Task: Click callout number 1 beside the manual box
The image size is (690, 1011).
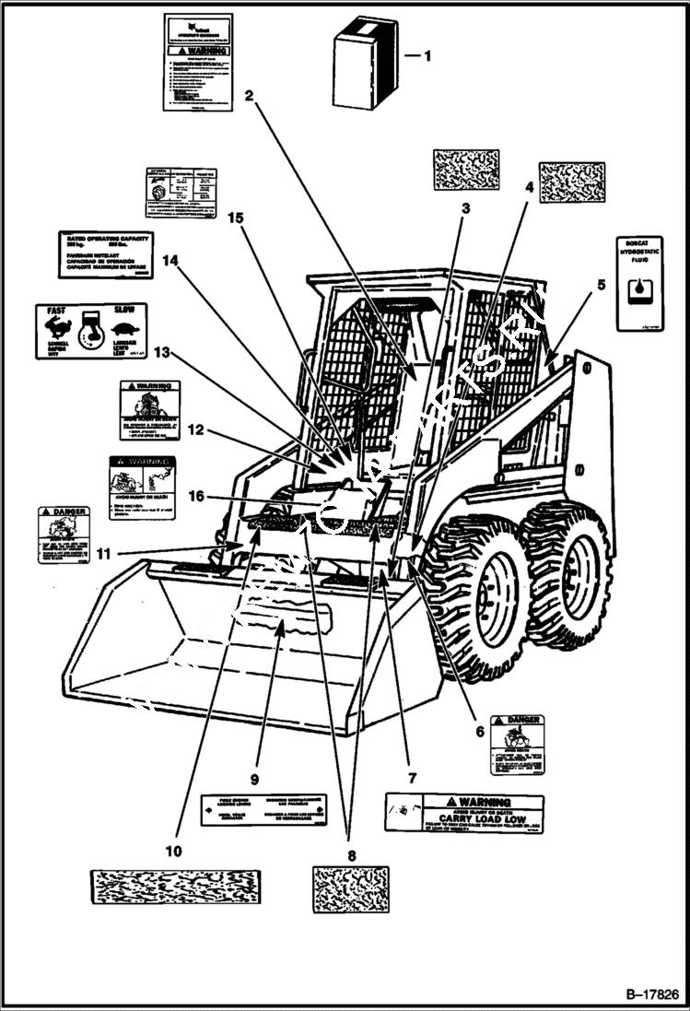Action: [427, 55]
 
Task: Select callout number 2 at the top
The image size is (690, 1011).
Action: [249, 94]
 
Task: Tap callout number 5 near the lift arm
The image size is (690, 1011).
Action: [601, 285]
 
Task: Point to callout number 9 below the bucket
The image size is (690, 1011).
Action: [255, 763]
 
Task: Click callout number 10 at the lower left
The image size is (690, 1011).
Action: [174, 849]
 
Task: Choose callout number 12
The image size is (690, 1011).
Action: [194, 429]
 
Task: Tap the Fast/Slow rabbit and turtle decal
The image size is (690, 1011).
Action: [90, 331]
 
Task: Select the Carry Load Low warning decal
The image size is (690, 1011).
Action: [463, 814]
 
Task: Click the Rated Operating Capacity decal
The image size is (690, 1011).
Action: [105, 254]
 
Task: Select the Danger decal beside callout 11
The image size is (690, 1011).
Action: [64, 535]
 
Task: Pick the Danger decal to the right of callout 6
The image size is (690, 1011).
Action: [516, 744]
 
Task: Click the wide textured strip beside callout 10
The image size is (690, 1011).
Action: [175, 887]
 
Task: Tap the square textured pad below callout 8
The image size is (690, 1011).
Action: [350, 889]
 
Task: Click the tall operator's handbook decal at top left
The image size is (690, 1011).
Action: [197, 62]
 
